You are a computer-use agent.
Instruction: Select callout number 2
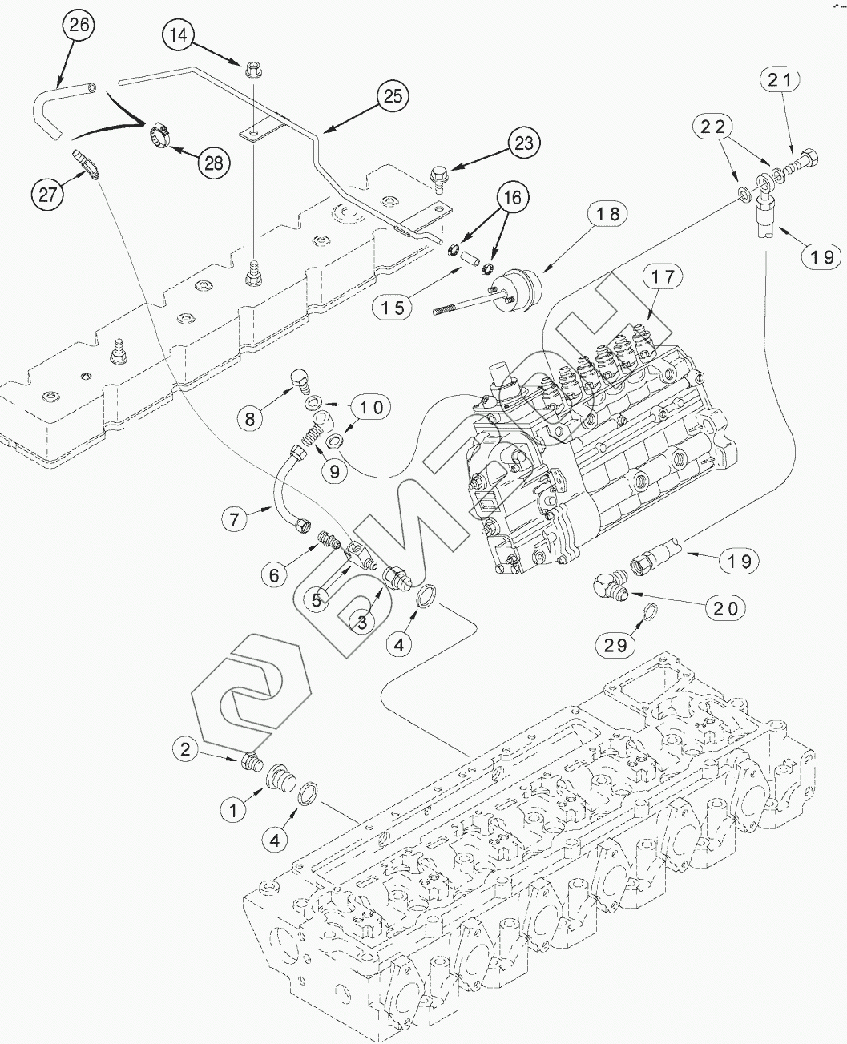pos(186,749)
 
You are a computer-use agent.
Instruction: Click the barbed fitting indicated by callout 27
pos(85,160)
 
